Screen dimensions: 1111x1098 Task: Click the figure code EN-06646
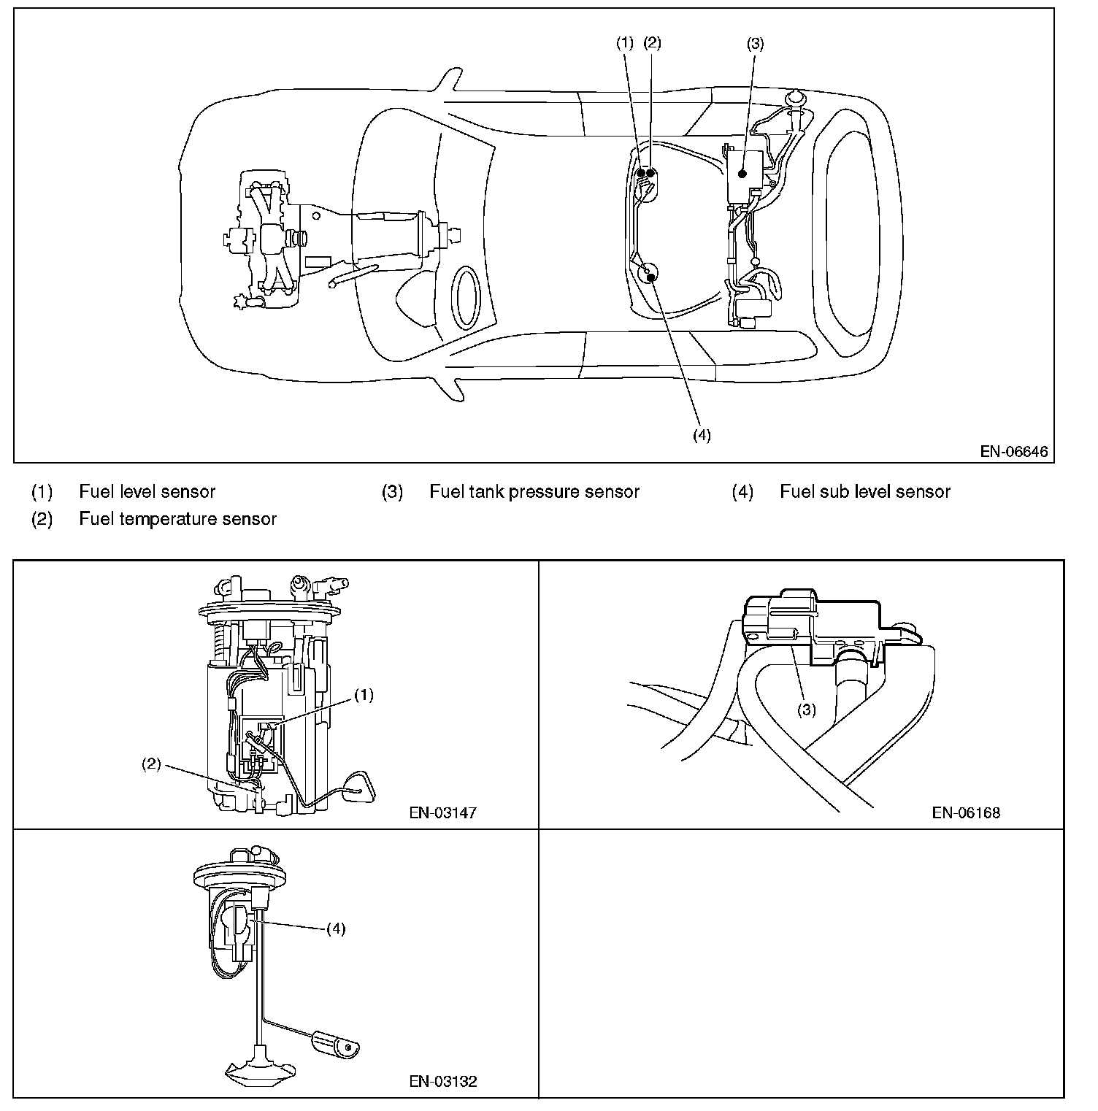coord(1013,451)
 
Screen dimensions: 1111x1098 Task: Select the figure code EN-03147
coord(443,812)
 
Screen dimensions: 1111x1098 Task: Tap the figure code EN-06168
coord(965,812)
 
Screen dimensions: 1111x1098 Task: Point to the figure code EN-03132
coord(443,1081)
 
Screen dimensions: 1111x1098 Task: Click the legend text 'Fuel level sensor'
coord(147,492)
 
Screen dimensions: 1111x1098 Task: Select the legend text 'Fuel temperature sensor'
coord(177,519)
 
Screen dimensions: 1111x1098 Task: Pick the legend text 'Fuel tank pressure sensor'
coord(534,492)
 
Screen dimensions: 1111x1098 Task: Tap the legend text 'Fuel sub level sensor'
coord(865,492)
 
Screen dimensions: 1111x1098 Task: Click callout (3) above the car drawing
coord(755,43)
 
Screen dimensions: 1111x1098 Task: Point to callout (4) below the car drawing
coord(701,435)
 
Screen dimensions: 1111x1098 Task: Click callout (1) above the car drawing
coord(624,43)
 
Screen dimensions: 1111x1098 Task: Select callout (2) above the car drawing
coord(652,43)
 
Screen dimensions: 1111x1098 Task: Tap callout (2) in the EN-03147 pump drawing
coord(151,765)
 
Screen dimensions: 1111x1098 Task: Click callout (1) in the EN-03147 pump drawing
coord(364,695)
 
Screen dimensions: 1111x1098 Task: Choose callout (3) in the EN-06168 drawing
coord(806,710)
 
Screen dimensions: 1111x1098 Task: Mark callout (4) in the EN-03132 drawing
coord(336,929)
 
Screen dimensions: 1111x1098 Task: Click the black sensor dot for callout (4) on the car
coord(649,276)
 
